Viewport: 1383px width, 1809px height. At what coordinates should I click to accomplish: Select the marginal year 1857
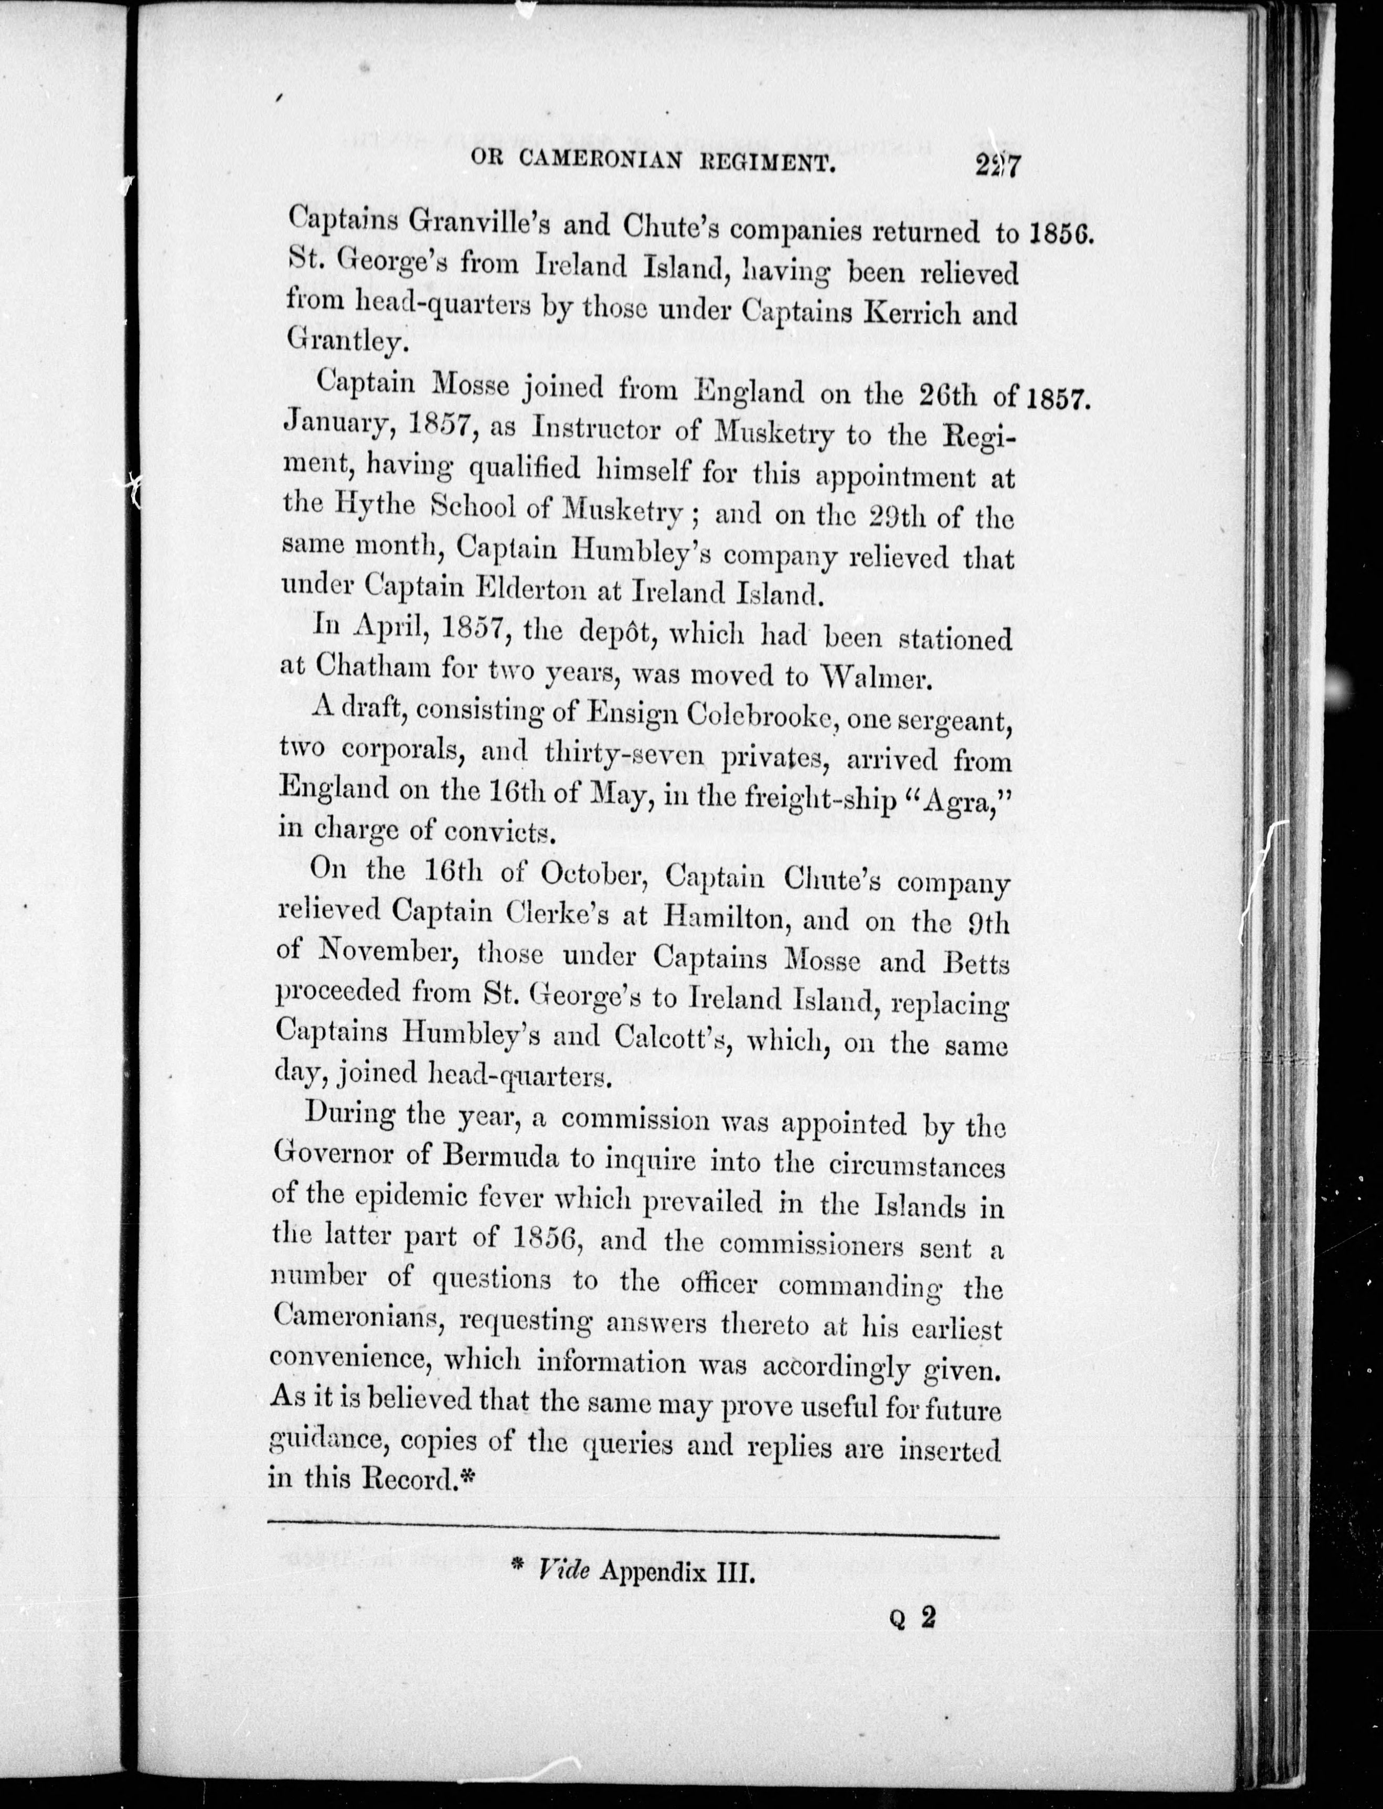click(1060, 401)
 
